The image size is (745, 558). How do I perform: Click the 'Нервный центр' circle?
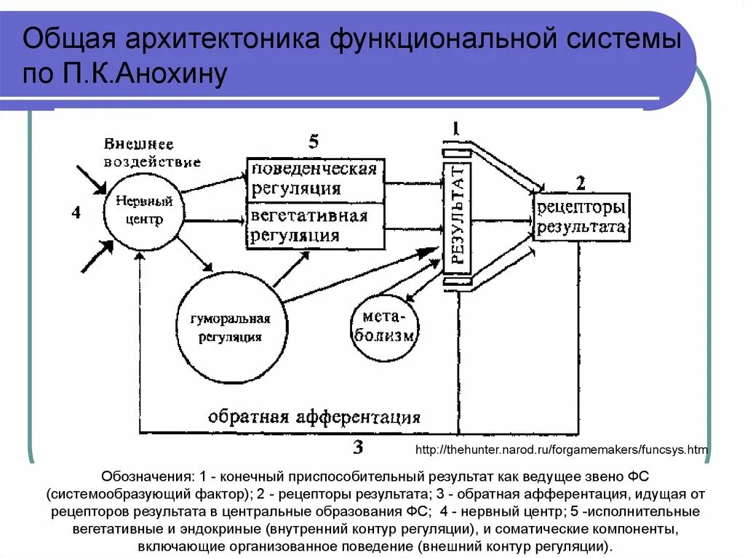click(x=143, y=212)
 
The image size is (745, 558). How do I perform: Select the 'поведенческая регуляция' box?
click(x=315, y=180)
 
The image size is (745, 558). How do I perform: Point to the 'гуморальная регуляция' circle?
click(x=230, y=328)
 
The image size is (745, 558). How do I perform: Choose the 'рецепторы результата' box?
click(x=581, y=217)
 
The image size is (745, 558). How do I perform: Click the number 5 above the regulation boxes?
click(x=313, y=142)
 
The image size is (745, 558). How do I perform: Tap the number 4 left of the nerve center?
click(x=76, y=212)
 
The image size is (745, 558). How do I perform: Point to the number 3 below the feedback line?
click(x=358, y=447)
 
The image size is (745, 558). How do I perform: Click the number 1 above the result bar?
click(x=455, y=129)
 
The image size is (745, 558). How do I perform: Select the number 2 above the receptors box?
click(x=580, y=182)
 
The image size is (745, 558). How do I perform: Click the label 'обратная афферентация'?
click(x=314, y=418)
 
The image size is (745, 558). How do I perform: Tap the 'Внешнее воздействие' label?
click(x=151, y=152)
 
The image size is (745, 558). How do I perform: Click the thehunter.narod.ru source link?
click(x=561, y=450)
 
